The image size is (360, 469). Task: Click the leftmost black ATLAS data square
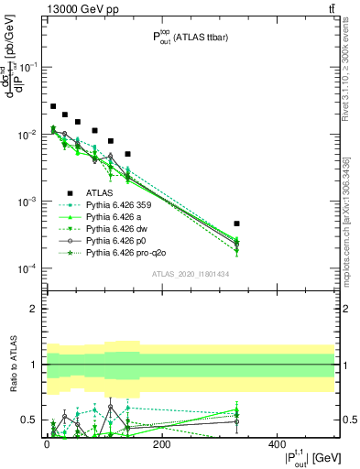(x=53, y=107)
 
